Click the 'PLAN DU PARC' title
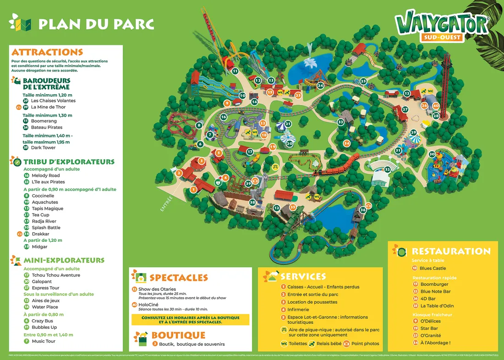(96, 24)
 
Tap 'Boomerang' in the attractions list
(44, 121)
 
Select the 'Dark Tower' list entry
(43, 148)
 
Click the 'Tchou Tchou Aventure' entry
(56, 275)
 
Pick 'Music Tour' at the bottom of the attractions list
(44, 341)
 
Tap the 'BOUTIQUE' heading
(178, 336)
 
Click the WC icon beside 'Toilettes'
(284, 344)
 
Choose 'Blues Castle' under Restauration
(433, 268)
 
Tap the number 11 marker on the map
(235, 71)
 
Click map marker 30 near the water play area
(432, 154)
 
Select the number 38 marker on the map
(252, 202)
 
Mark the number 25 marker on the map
(363, 81)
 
